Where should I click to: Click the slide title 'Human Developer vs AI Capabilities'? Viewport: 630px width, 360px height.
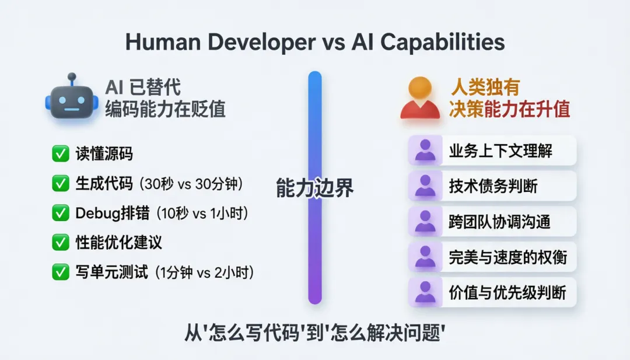(315, 43)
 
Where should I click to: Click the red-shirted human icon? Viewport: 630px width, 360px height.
(420, 99)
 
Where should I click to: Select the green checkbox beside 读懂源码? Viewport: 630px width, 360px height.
(60, 154)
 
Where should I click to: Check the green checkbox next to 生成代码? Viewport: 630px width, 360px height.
(60, 184)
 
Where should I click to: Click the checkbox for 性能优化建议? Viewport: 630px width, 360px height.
(60, 242)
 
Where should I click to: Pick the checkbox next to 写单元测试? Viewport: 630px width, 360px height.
(60, 271)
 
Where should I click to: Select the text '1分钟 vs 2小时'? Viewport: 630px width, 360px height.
(204, 272)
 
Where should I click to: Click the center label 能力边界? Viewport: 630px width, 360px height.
(314, 188)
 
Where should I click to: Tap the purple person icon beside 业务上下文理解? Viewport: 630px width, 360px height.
(425, 151)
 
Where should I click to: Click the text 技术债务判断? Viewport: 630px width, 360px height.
(493, 186)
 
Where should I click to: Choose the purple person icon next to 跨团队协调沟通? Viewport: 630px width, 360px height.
(425, 222)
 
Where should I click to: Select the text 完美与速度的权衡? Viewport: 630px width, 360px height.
(508, 257)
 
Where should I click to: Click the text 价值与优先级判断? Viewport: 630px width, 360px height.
(508, 292)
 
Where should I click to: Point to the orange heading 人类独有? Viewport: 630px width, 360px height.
(485, 88)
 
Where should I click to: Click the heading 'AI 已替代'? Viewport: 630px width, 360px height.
(143, 88)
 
